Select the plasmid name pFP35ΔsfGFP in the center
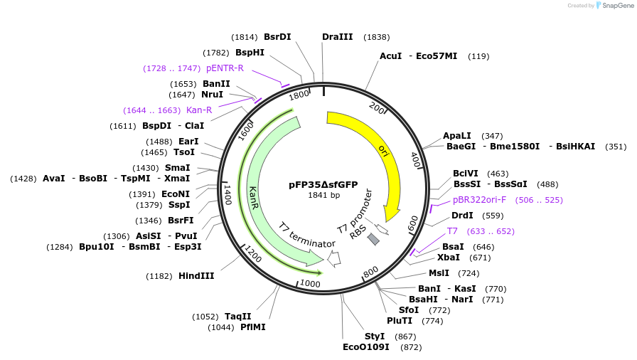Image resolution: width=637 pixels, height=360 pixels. pyautogui.click(x=323, y=184)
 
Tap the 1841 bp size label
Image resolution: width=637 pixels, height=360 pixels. pyautogui.click(x=323, y=195)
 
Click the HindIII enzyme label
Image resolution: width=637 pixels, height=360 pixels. pyautogui.click(x=196, y=275)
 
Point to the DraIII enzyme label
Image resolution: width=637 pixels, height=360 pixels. pyautogui.click(x=337, y=36)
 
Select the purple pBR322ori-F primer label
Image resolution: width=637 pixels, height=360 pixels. pyautogui.click(x=479, y=200)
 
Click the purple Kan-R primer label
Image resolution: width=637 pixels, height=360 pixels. pyautogui.click(x=199, y=110)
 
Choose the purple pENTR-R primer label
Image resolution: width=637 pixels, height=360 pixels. pyautogui.click(x=225, y=68)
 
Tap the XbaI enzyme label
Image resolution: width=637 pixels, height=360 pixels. pyautogui.click(x=448, y=258)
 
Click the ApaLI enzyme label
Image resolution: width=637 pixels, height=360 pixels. pyautogui.click(x=456, y=135)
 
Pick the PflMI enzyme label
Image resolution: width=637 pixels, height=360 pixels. pyautogui.click(x=252, y=327)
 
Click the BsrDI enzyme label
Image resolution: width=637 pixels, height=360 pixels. pyautogui.click(x=277, y=36)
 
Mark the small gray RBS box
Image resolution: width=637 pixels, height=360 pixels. pyautogui.click(x=373, y=240)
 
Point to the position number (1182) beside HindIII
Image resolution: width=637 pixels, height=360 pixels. pyautogui.click(x=160, y=276)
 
